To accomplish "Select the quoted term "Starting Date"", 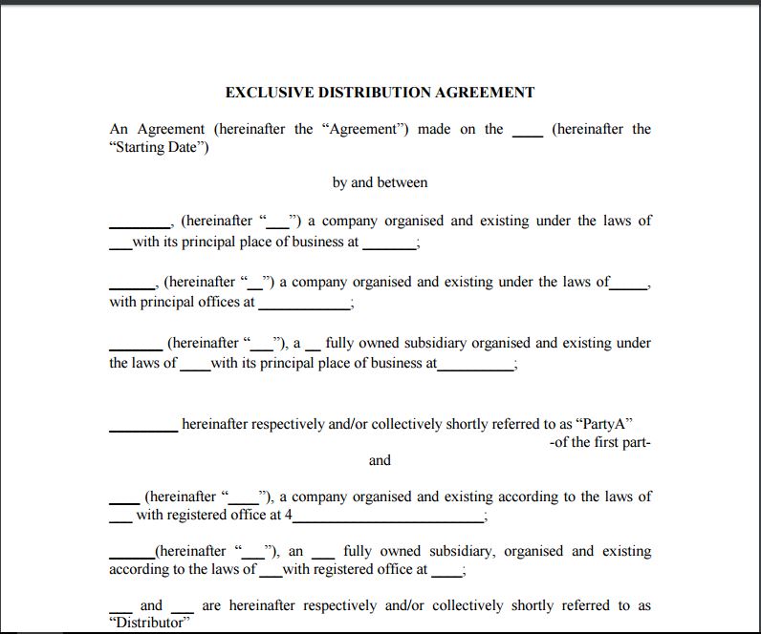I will pos(160,148).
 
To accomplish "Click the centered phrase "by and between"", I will pos(380,182).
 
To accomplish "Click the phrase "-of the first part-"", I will pos(600,442).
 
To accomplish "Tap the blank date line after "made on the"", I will pos(527,131).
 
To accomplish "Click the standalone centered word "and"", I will pos(380,460).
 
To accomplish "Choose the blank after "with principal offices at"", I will pos(304,304).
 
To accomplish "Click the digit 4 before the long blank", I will pos(289,516).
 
